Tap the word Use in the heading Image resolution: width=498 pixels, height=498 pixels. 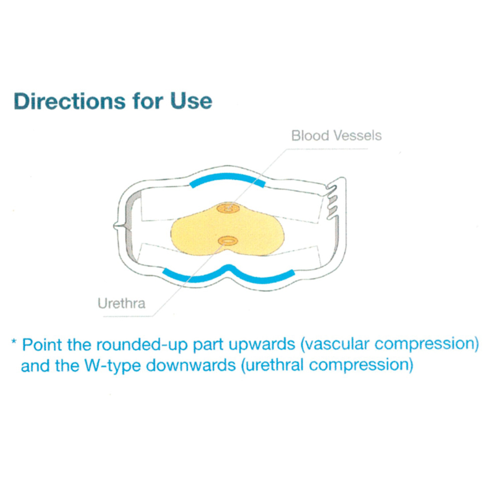coord(191,101)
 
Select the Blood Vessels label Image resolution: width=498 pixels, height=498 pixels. coord(336,135)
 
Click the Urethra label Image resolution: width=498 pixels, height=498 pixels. coord(122,303)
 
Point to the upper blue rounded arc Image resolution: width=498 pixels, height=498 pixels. coord(227,176)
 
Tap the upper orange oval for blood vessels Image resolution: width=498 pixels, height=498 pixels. coord(228,208)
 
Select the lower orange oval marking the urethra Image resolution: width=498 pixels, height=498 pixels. coord(228,241)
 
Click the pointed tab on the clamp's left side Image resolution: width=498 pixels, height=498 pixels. coord(118,226)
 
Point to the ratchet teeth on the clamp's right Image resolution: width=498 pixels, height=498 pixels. coord(331,202)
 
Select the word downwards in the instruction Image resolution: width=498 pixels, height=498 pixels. coord(191,365)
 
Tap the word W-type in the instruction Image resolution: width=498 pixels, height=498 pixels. coord(113,366)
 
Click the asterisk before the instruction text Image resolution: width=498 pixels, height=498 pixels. coord(13,342)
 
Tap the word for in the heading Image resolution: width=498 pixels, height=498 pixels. coord(148,101)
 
